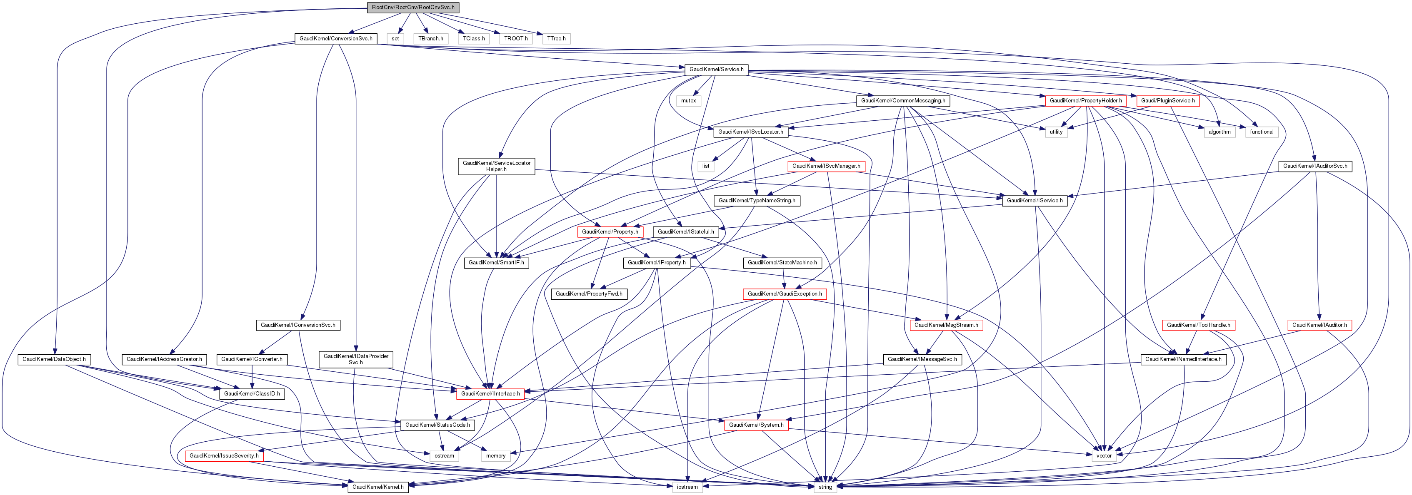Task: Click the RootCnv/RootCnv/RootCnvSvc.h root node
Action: point(413,7)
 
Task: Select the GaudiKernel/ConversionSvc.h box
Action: point(335,38)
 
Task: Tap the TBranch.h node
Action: point(431,38)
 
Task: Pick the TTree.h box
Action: point(556,38)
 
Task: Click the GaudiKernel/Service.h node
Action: point(716,70)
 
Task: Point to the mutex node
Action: point(688,101)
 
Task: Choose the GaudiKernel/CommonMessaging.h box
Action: point(903,101)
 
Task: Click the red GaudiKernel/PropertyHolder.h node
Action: point(1086,101)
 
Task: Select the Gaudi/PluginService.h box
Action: point(1167,101)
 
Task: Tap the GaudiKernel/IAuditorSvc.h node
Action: point(1315,166)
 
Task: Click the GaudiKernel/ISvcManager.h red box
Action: point(826,166)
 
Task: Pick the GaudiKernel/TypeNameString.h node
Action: point(757,200)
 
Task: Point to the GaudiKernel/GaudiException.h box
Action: point(785,294)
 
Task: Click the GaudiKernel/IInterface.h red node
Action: point(490,394)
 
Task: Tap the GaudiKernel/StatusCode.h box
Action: point(437,425)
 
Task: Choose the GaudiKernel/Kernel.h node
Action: point(377,487)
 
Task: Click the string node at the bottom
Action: point(825,487)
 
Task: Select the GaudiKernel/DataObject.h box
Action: point(54,359)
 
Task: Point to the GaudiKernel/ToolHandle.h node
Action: point(1198,325)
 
